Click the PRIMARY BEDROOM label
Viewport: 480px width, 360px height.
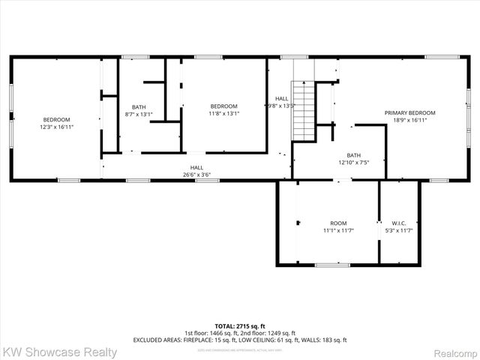[x=409, y=112]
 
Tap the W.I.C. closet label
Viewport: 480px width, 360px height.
[x=398, y=223]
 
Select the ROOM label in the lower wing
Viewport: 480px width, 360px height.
[x=338, y=223]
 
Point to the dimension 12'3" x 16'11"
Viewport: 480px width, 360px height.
[x=56, y=127]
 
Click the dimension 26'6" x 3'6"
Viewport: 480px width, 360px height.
[x=196, y=175]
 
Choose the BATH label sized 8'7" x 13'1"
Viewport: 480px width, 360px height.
[x=139, y=106]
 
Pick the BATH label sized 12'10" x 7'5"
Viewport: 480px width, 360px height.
[x=353, y=155]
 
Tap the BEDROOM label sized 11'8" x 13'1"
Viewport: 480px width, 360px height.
[x=223, y=106]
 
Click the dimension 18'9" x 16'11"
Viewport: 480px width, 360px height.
[x=409, y=120]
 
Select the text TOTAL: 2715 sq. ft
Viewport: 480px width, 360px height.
[x=239, y=326]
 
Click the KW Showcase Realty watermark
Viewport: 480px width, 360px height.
[x=60, y=352]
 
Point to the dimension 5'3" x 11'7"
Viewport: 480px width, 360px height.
[x=398, y=230]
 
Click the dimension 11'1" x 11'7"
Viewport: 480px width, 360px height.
[x=338, y=230]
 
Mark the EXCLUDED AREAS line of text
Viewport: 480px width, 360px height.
[x=239, y=340]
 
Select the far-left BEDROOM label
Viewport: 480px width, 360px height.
[x=56, y=120]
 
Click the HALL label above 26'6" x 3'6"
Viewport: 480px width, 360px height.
[x=196, y=167]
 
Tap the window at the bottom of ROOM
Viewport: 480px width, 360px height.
[x=331, y=264]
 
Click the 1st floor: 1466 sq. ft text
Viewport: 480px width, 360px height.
[x=212, y=333]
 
